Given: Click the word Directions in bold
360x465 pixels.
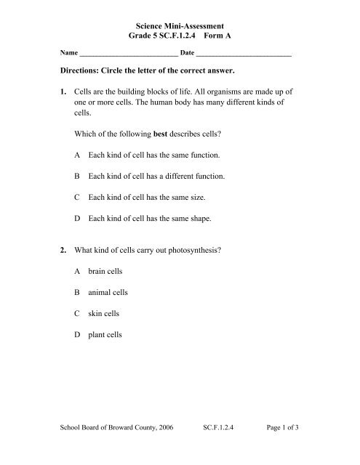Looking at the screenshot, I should click(87, 73).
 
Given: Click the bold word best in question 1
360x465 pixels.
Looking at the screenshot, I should click(163, 136).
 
